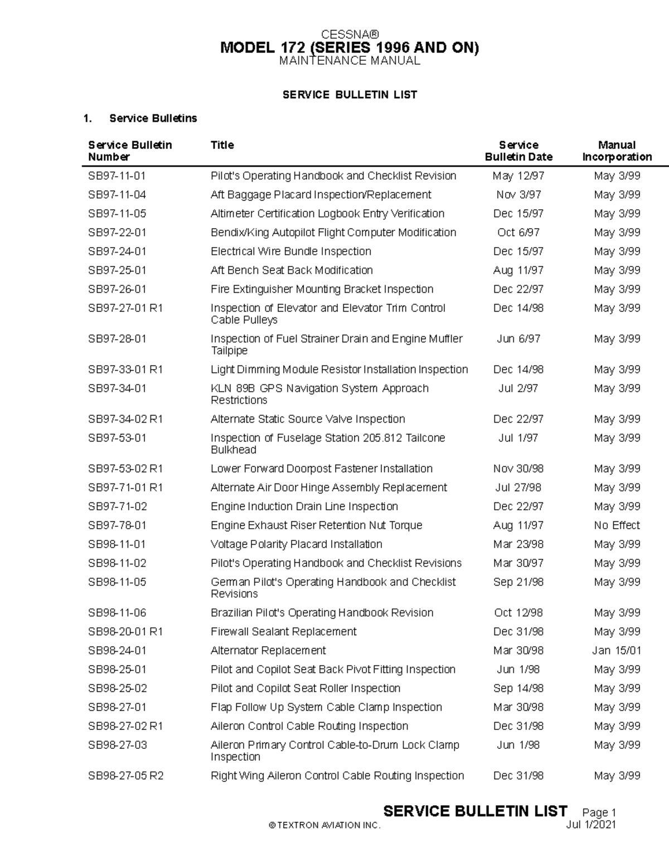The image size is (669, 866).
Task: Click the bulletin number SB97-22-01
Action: [x=117, y=233]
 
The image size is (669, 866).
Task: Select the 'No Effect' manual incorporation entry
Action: [x=617, y=525]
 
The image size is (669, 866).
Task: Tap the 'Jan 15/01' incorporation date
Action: [x=617, y=651]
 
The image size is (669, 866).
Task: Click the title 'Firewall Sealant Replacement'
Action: [x=283, y=632]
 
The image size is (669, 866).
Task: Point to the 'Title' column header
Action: [x=222, y=145]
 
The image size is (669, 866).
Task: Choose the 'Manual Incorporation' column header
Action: [x=617, y=151]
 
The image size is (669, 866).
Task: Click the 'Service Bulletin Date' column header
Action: [x=518, y=151]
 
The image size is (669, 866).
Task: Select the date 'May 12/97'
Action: [x=518, y=176]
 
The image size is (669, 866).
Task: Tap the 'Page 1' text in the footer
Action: [x=599, y=812]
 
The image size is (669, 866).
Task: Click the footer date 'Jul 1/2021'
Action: [x=590, y=825]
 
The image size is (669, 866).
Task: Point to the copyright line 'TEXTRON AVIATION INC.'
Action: [x=324, y=825]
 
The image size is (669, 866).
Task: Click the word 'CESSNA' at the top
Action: [x=350, y=35]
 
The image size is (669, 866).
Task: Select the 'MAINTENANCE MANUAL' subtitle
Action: [x=350, y=61]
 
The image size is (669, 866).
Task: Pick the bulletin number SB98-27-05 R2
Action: [x=125, y=776]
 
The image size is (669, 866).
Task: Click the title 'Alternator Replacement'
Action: [x=268, y=651]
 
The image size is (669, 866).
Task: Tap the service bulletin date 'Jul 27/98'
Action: [x=518, y=488]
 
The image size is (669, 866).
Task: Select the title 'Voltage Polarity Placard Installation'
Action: [x=296, y=544]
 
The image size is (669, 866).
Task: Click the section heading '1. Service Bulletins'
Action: [x=140, y=118]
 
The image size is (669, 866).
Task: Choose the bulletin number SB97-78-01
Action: [x=117, y=525]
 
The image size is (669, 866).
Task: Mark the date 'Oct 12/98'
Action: [x=518, y=613]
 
